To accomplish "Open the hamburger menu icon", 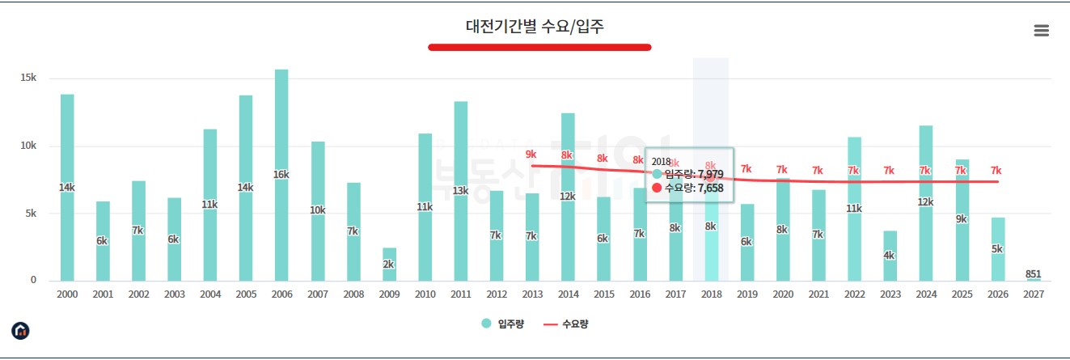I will click(x=1041, y=31).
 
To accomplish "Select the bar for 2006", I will click(x=281, y=175).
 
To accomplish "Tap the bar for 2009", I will click(x=389, y=264).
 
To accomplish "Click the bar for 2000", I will click(x=67, y=188).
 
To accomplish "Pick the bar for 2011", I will click(x=460, y=191).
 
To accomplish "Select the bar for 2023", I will click(x=890, y=256).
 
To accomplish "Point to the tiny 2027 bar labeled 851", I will click(x=1033, y=280).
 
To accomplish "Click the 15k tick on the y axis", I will click(x=28, y=78).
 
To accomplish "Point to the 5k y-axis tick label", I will click(x=28, y=214).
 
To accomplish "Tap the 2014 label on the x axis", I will click(x=568, y=295).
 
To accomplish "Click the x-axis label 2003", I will click(x=174, y=295).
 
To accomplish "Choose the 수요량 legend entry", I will click(x=565, y=324).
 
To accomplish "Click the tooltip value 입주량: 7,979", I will click(x=693, y=174).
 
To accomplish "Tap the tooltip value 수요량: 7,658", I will click(x=693, y=188).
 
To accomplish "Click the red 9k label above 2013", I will click(x=531, y=154).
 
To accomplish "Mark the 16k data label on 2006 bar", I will click(x=281, y=175).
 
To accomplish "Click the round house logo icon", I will click(x=20, y=330).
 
